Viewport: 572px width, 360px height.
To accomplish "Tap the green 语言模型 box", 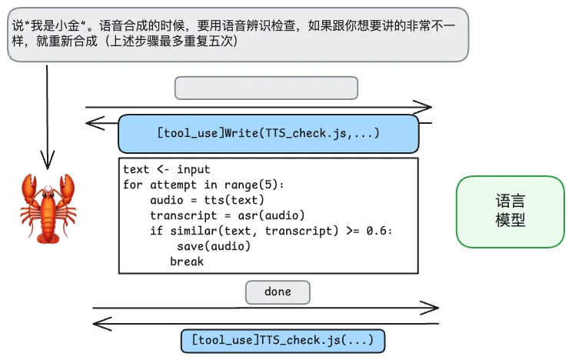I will [510, 212].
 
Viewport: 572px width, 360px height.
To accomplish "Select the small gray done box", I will [278, 292].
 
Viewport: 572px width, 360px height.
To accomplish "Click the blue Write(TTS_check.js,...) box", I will [268, 133].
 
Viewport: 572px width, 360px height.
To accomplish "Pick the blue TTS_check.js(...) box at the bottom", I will [282, 339].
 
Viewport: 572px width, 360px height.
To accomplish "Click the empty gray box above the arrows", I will [266, 88].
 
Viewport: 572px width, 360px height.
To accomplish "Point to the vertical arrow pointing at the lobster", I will [48, 115].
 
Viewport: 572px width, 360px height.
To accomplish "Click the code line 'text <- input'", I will [166, 169].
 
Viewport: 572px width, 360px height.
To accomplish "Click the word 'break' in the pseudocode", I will [187, 262].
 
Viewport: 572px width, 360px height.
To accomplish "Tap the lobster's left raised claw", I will [29, 187].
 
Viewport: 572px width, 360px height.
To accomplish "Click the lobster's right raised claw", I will [67, 187].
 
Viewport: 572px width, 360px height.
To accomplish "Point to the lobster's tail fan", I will [48, 236].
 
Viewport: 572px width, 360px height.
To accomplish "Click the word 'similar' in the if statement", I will [188, 231].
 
